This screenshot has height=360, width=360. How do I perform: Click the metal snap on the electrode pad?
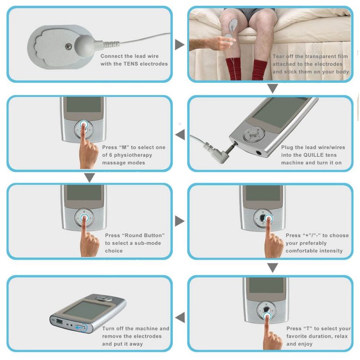click(x=68, y=45)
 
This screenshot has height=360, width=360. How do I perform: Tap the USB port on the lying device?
click(x=60, y=322)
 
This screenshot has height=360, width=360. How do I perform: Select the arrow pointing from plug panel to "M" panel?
click(x=180, y=133)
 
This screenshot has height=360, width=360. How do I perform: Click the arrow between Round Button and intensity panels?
click(x=180, y=220)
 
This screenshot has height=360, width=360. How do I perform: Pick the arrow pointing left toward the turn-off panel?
click(x=180, y=318)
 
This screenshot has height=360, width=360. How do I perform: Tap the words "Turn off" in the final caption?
click(x=115, y=329)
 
